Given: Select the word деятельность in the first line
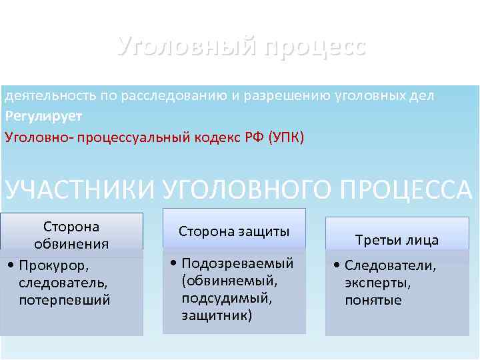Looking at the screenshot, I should (x=50, y=96).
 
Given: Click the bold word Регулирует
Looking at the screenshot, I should (x=43, y=117).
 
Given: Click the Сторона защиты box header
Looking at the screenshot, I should (x=234, y=231).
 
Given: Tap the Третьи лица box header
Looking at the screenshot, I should (x=397, y=240).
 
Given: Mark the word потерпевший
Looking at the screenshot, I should (x=65, y=300).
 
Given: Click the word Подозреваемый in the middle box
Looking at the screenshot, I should (x=237, y=263).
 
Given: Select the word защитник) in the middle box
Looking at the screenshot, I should (x=217, y=315).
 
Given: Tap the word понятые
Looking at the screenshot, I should (x=373, y=300).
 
